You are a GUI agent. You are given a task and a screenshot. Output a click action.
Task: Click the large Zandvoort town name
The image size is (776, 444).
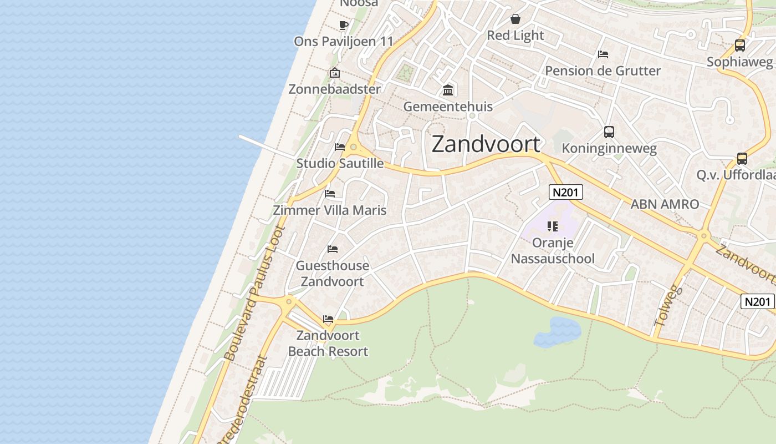(x=486, y=144)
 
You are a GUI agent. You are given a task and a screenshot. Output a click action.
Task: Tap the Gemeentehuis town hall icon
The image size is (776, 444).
(x=448, y=90)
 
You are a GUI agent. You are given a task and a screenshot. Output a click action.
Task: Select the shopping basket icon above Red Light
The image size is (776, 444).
(x=515, y=19)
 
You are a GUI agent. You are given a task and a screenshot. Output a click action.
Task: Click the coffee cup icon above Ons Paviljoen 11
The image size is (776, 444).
(x=343, y=25)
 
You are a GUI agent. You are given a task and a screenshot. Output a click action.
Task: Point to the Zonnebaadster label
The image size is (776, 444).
(x=335, y=89)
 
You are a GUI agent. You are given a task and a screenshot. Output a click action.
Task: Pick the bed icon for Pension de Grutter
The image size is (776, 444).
(x=603, y=54)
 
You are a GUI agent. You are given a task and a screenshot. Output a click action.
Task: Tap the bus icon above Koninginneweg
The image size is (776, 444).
(x=609, y=132)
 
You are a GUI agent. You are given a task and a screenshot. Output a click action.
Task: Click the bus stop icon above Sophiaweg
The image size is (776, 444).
(x=739, y=46)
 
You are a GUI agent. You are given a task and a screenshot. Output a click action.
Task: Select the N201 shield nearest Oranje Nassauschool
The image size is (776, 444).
(x=565, y=193)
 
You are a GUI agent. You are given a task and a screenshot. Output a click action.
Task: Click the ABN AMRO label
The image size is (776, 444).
(x=665, y=204)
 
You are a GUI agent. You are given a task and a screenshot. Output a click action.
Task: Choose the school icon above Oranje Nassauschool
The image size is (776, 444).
(x=552, y=226)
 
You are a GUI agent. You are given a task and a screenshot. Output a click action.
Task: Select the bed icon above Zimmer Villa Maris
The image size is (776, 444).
(x=330, y=194)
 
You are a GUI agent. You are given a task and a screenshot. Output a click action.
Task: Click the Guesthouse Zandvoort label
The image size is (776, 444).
(x=332, y=274)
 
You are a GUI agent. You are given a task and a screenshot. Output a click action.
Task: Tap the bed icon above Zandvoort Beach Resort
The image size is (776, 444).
(x=328, y=319)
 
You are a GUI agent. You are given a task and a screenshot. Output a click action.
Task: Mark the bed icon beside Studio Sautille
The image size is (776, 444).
(x=340, y=147)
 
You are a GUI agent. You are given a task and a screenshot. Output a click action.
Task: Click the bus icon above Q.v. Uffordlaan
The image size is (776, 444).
(x=742, y=159)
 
